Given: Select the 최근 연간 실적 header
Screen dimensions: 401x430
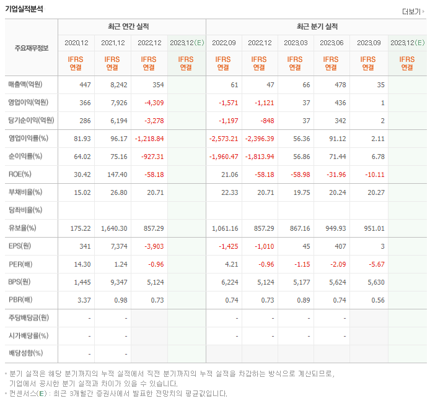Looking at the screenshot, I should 131,27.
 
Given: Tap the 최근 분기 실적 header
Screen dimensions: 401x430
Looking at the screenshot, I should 316,27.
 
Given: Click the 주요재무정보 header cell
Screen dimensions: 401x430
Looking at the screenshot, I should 32,48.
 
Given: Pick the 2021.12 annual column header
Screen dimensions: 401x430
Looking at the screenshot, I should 113,43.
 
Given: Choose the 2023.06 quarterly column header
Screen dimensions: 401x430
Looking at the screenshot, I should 331,43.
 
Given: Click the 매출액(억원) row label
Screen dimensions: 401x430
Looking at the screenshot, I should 29,85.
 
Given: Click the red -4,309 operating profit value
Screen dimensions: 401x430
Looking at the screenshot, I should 153,103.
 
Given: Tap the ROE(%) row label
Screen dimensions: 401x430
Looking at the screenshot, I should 20,175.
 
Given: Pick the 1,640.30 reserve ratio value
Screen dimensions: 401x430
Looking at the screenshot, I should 114,228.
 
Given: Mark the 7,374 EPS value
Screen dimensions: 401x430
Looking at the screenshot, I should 117,246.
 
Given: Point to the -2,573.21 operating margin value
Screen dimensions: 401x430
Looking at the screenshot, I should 224,139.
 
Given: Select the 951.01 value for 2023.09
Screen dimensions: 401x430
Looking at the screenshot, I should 374,228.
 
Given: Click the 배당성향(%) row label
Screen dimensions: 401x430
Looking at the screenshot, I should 26,353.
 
